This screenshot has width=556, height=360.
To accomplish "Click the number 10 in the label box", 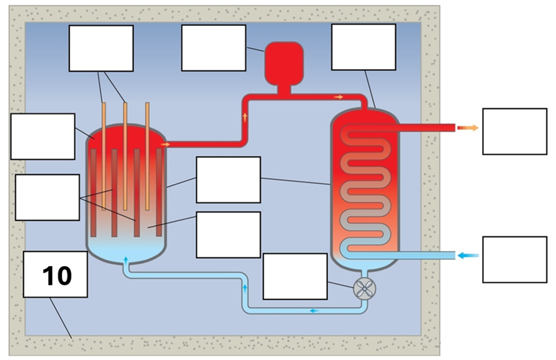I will [x=56, y=276].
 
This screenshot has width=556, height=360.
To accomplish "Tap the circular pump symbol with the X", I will [x=363, y=288].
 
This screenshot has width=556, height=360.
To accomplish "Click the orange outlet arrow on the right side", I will [x=471, y=128].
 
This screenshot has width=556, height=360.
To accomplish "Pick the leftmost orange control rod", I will [x=104, y=153].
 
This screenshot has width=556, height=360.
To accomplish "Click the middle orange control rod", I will [x=125, y=153].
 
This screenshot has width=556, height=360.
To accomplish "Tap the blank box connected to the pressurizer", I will [x=213, y=48].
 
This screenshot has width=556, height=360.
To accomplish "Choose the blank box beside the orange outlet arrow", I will [x=514, y=131].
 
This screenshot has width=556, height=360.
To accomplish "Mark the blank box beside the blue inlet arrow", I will [x=514, y=259].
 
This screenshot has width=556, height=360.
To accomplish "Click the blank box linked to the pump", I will [x=295, y=276].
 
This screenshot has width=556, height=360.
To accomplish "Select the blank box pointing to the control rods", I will [x=101, y=48].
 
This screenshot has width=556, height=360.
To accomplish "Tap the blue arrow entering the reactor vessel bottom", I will [x=126, y=260].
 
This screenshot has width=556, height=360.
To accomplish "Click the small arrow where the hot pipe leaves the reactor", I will [x=165, y=145].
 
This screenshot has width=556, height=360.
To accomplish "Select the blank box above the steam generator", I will [x=363, y=47].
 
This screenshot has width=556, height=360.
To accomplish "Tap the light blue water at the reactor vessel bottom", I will [x=126, y=247].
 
